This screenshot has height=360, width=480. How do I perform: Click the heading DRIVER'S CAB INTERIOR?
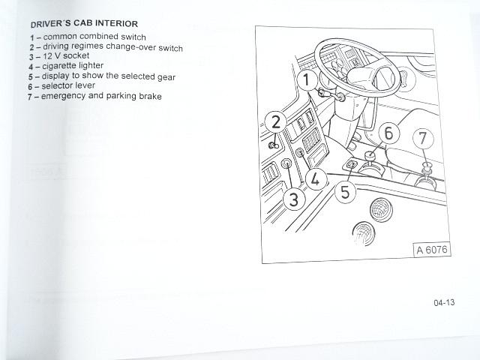coord(85,23)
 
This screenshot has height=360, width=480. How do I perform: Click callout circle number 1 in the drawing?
coord(307,80)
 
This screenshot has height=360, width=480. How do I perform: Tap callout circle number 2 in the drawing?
coord(276,121)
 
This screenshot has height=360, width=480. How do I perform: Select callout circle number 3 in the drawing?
coord(294,199)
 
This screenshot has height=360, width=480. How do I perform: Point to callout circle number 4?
coord(316,179)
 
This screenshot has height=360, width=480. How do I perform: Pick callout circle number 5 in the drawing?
coord(345,192)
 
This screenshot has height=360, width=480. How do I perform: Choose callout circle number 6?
coord(388,133)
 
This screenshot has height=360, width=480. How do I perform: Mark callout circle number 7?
coord(423,138)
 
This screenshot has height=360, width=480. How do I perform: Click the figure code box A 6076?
coord(432,250)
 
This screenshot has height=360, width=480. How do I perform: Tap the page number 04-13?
coord(444,303)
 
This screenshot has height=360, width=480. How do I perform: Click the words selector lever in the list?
coord(68,85)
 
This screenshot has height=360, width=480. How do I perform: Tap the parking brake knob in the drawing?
coord(426,167)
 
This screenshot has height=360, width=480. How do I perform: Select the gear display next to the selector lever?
coord(352,165)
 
